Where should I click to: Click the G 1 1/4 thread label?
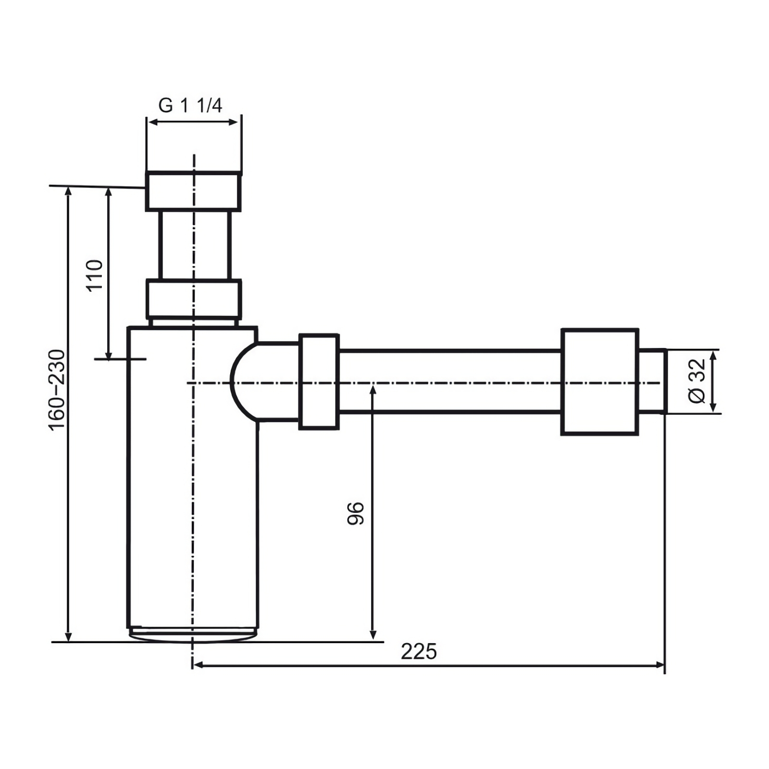point(190,105)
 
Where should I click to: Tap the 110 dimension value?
point(95,274)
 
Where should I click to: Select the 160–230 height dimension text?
point(56,390)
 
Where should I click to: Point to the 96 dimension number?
point(356,513)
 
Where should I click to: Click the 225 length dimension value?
point(419,652)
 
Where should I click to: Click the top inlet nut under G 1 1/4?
point(193,191)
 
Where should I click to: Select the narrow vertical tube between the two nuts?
point(195,245)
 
